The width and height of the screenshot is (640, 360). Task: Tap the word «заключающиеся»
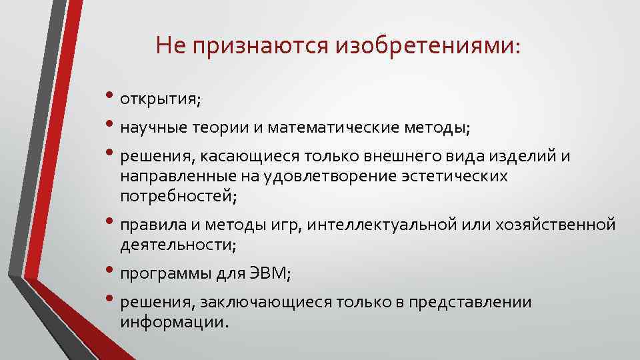[263, 303]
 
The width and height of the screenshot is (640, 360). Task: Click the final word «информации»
[173, 323]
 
